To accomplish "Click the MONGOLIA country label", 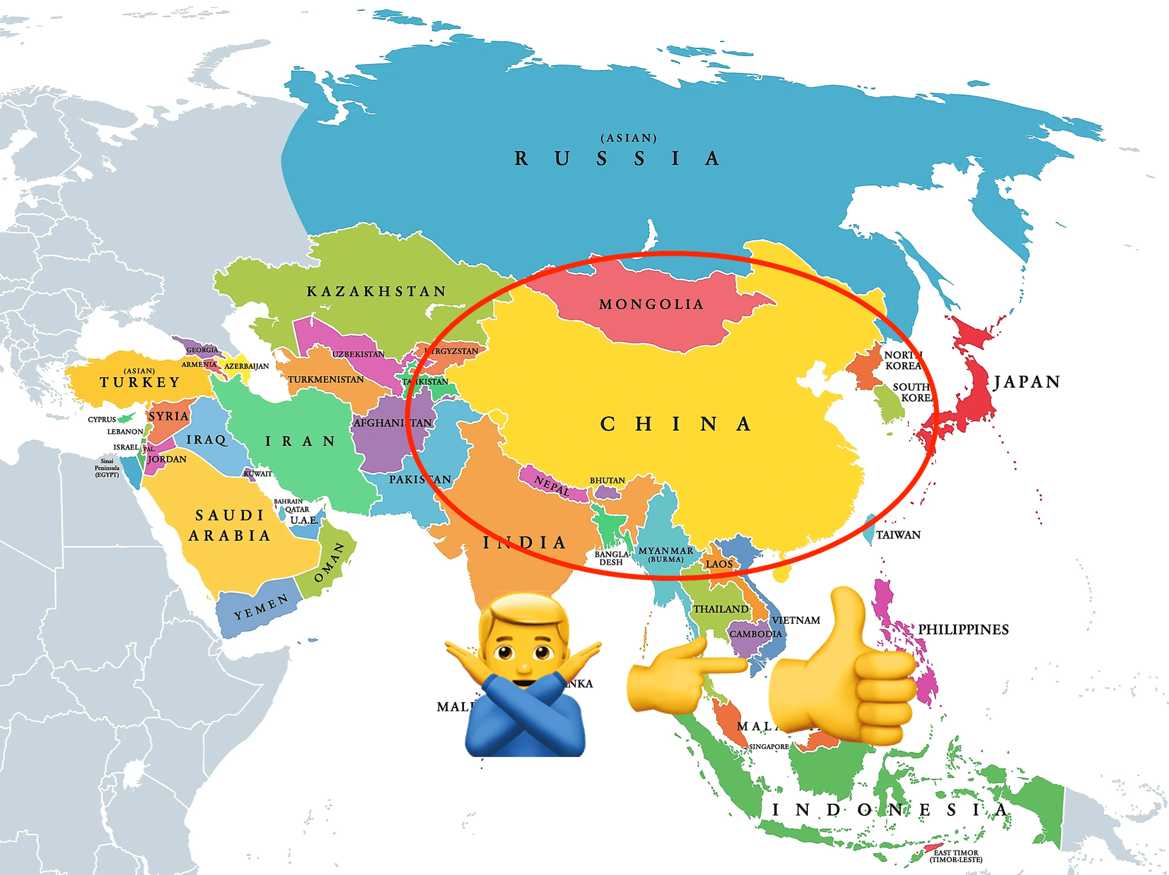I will click(651, 304).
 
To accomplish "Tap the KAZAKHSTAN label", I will click(376, 291).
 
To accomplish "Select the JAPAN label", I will click(1027, 382).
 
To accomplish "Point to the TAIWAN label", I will click(898, 535).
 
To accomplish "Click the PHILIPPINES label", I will click(963, 629).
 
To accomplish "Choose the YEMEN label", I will click(261, 607).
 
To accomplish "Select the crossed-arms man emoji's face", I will click(524, 645).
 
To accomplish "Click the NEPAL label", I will click(552, 486).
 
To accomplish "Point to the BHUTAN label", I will click(607, 480).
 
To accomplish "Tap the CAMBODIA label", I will click(756, 634).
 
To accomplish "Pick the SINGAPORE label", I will click(769, 747).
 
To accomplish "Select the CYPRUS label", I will click(102, 419).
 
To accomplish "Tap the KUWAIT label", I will click(258, 473).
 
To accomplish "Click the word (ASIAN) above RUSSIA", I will click(629, 138).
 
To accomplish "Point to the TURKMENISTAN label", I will click(326, 380).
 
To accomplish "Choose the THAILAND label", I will click(721, 609).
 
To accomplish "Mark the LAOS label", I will click(719, 564).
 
